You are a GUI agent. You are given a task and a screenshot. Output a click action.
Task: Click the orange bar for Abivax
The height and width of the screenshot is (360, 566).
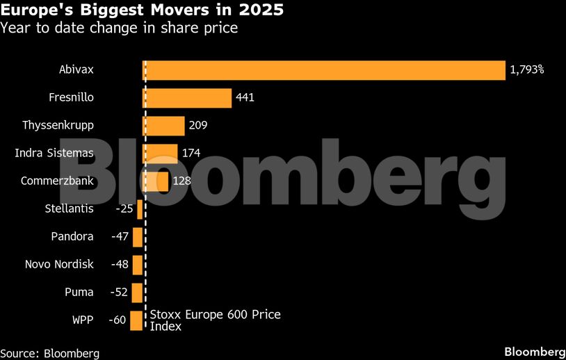[323, 70]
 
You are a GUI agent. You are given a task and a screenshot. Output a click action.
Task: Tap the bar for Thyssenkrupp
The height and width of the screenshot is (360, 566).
[163, 126]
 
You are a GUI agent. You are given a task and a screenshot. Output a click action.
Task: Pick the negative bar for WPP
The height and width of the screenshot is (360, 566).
[136, 320]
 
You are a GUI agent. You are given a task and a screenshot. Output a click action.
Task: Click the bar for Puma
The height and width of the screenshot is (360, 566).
[137, 293]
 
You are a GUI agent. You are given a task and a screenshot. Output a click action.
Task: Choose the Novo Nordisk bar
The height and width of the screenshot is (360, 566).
[137, 265]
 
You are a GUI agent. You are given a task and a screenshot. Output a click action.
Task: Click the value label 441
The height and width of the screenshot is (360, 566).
[245, 98]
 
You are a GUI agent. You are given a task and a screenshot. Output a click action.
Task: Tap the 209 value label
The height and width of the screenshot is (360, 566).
[198, 126]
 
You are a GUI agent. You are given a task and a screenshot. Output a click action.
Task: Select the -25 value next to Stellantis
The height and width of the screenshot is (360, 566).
[124, 209]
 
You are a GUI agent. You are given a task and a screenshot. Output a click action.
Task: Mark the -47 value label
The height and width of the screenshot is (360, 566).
[120, 237]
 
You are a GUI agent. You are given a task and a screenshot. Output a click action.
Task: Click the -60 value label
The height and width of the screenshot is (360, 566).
[118, 320]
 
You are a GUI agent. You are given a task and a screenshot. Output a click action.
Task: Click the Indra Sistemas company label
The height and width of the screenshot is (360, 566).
[54, 153]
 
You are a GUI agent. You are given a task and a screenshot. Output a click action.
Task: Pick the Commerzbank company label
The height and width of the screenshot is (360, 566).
[57, 181]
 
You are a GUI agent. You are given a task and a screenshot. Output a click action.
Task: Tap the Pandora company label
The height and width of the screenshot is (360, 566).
[72, 236]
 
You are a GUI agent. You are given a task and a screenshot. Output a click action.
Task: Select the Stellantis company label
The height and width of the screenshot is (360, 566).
[69, 208]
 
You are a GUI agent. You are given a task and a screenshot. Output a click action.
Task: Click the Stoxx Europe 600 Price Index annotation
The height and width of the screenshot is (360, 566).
[215, 320]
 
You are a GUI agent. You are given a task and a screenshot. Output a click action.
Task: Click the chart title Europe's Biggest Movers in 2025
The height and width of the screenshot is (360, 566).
[142, 12]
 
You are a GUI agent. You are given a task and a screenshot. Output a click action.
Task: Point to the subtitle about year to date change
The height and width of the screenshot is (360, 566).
[118, 28]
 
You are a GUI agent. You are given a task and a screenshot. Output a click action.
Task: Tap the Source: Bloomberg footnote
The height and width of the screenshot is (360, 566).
[50, 353]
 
